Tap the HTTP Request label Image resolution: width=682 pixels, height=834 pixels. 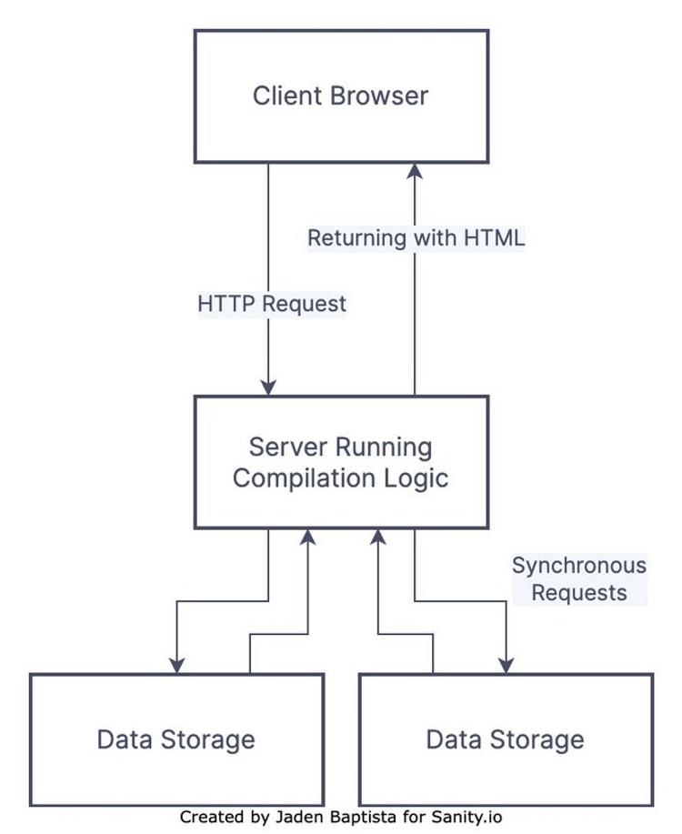click(272, 304)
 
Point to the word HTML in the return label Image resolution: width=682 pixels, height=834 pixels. click(494, 238)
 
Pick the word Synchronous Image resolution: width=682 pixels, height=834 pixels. click(579, 566)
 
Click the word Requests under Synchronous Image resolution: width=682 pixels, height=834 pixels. click(579, 593)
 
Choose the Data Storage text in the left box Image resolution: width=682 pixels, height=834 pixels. click(176, 739)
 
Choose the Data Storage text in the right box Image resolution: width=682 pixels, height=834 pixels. click(505, 739)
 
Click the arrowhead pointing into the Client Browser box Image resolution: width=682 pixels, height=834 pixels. click(415, 170)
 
